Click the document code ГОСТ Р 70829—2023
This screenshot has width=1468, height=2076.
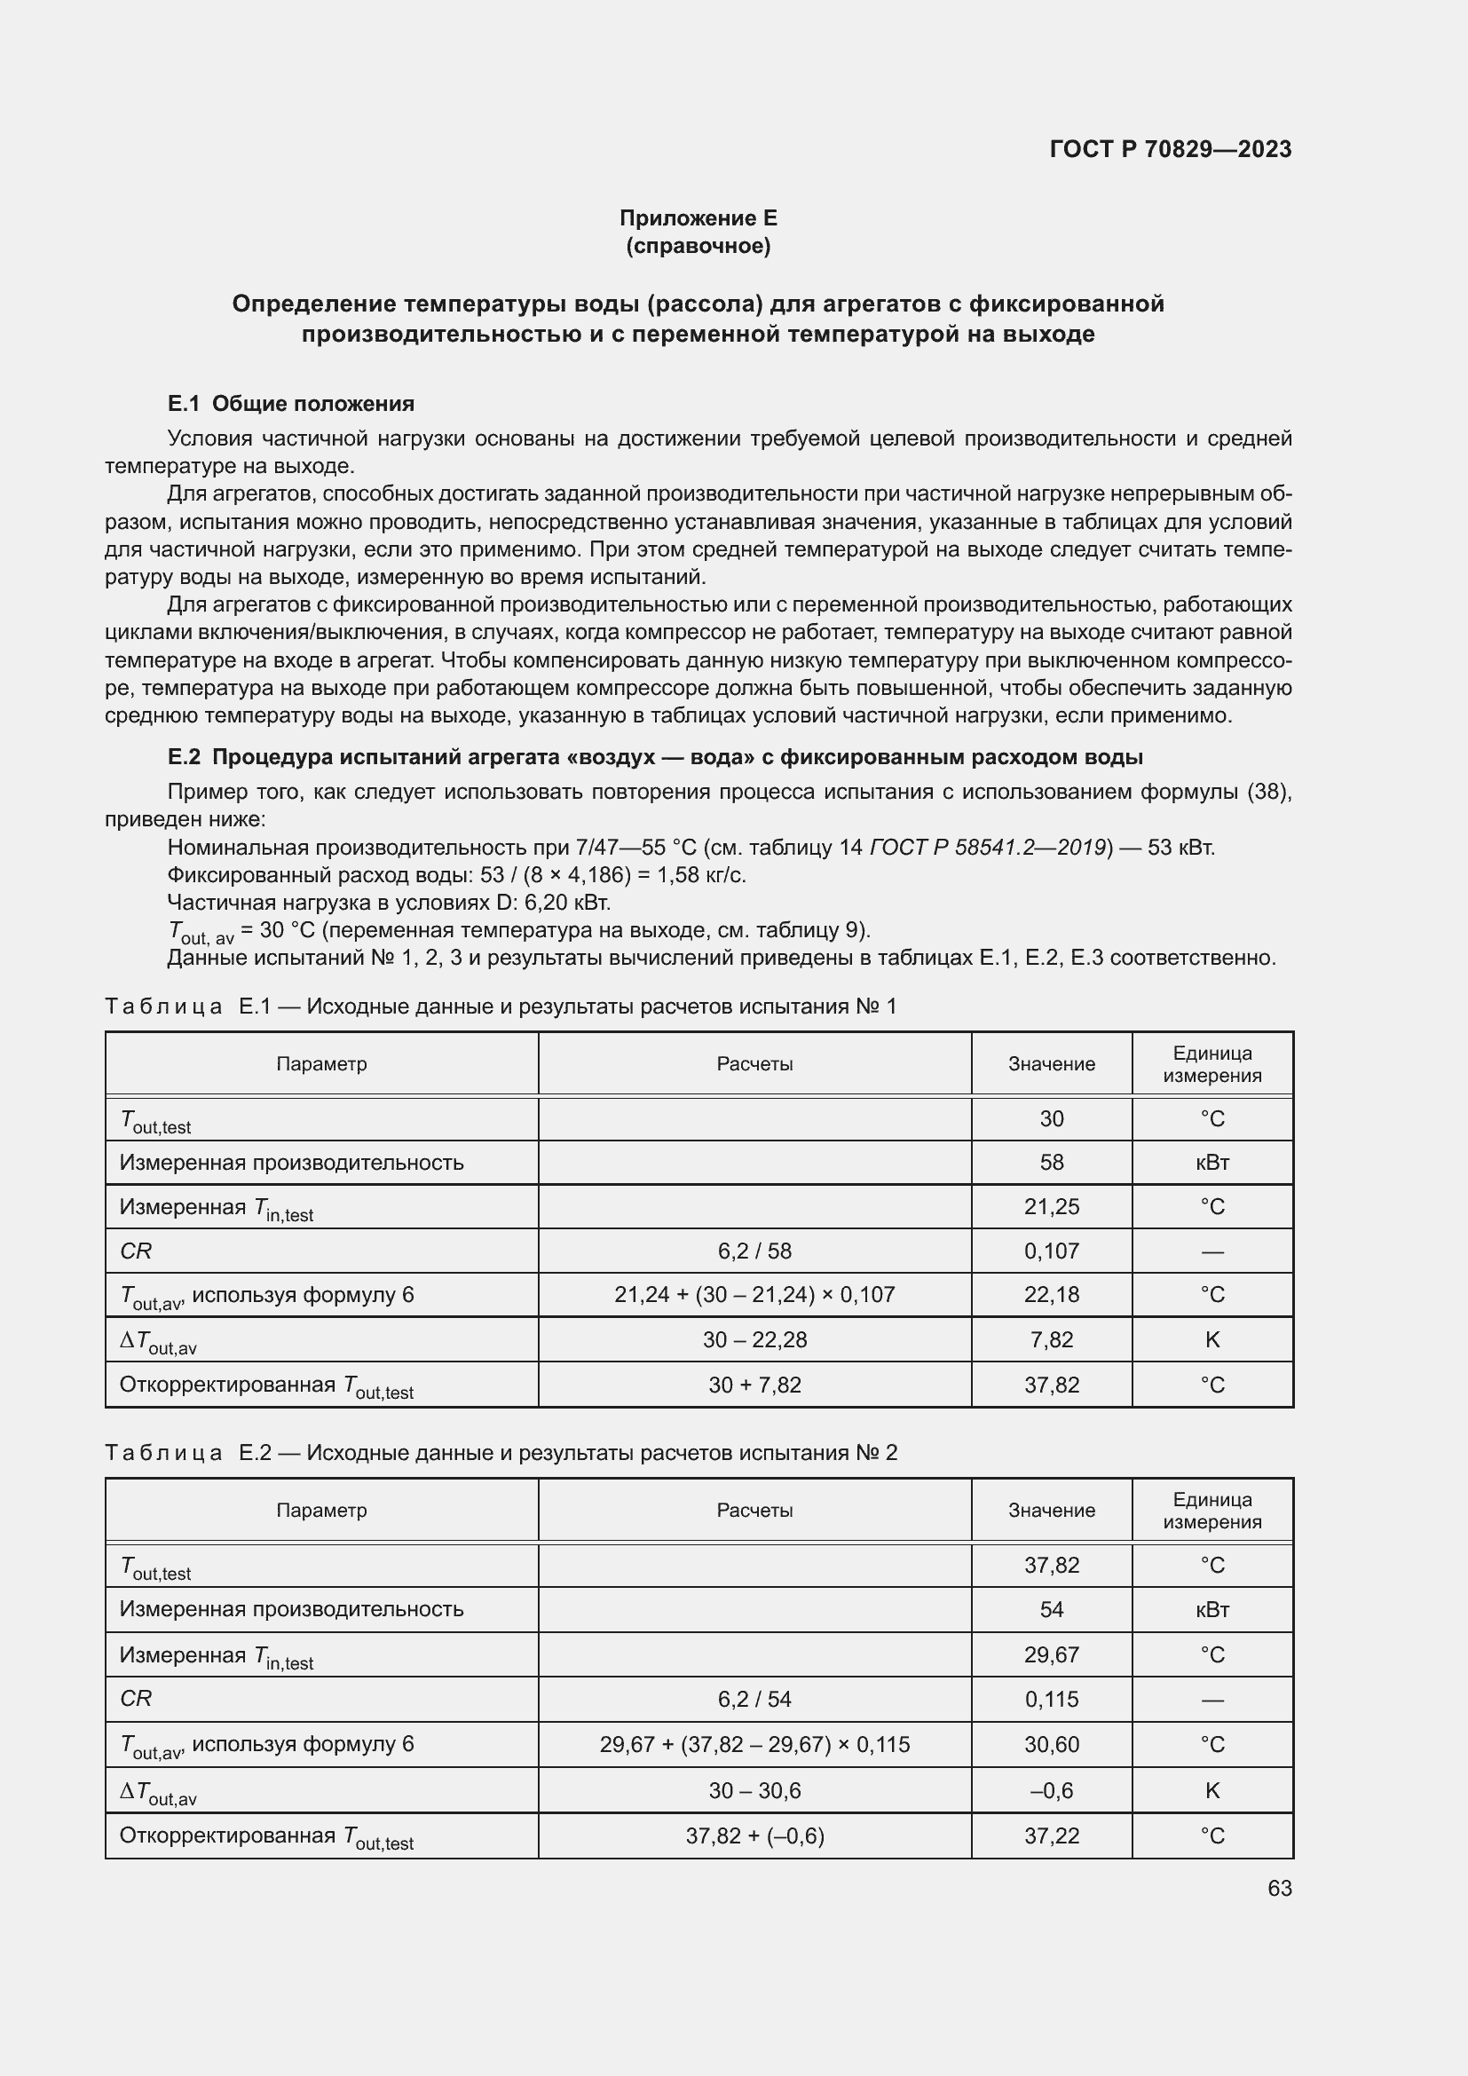click(x=1170, y=149)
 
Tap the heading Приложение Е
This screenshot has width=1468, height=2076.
click(x=698, y=218)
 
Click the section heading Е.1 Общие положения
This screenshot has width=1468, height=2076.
click(x=291, y=403)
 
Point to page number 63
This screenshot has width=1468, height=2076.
click(x=1279, y=1888)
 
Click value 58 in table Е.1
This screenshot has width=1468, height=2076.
click(x=1051, y=1163)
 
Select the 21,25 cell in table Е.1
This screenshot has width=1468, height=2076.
click(x=1051, y=1207)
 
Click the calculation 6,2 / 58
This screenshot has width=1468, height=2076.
click(x=754, y=1251)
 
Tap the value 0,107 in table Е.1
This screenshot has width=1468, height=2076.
click(x=1051, y=1251)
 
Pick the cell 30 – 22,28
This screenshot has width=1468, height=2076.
click(x=754, y=1340)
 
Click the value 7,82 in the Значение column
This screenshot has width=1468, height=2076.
click(x=1051, y=1340)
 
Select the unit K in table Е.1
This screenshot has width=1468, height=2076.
click(x=1212, y=1340)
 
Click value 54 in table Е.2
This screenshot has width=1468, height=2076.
click(x=1051, y=1609)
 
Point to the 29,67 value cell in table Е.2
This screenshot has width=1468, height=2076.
click(x=1051, y=1654)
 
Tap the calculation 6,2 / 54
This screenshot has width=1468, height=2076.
click(x=754, y=1699)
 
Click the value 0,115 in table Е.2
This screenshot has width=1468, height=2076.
click(x=1051, y=1699)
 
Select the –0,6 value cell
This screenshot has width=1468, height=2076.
click(x=1051, y=1790)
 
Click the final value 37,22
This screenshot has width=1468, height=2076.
click(x=1051, y=1835)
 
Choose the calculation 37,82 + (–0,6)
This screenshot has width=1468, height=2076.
click(x=754, y=1835)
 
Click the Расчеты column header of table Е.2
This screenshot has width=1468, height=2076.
click(x=754, y=1510)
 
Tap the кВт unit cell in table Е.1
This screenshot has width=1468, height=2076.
click(x=1212, y=1163)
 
